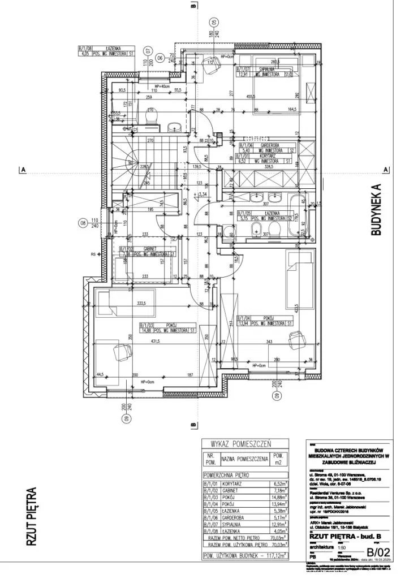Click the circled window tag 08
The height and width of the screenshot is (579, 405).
pos(84,222)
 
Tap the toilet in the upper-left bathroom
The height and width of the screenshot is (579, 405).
pos(150,116)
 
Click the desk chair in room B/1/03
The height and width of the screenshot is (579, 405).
pos(120,352)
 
